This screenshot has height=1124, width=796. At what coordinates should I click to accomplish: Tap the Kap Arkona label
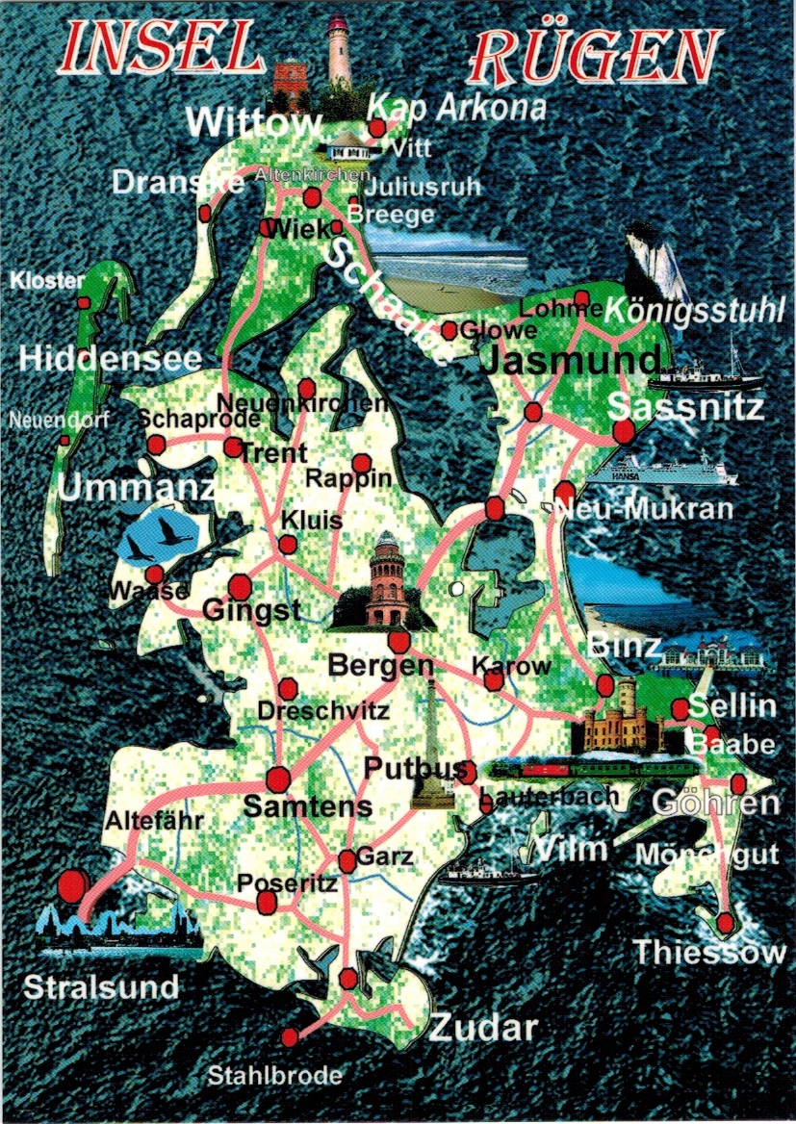[456, 107]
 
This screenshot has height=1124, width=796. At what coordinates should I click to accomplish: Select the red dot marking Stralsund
[71, 884]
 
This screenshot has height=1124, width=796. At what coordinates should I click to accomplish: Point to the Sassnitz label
[687, 408]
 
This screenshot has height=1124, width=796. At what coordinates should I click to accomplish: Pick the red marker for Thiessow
[726, 923]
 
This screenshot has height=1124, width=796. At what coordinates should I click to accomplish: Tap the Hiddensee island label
[111, 359]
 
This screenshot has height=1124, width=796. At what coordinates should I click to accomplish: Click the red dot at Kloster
[84, 302]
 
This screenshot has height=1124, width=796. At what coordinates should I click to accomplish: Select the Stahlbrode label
[275, 1076]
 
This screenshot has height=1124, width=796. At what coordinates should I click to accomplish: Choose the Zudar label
[482, 1027]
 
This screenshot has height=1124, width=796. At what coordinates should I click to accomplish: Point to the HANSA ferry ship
[664, 470]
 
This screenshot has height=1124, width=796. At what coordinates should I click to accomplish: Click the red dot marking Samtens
[279, 779]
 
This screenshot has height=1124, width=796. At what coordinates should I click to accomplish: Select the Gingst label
[251, 611]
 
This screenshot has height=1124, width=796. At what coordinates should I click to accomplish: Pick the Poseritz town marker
[267, 902]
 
